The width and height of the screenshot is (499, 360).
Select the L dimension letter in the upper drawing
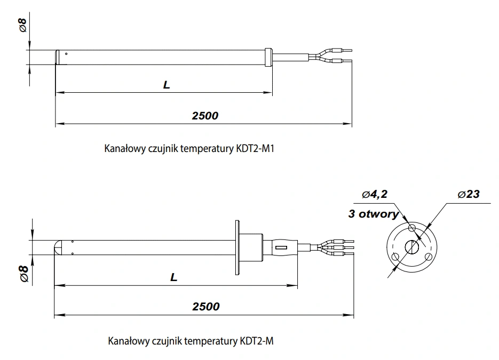[167, 85]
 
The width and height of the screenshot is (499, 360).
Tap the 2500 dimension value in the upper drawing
[205, 116]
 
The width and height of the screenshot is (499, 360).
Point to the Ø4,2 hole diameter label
[374, 195]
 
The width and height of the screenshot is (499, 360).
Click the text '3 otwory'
[373, 214]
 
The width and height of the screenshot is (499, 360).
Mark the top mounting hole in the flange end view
[411, 228]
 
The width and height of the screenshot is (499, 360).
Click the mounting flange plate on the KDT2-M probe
[237, 248]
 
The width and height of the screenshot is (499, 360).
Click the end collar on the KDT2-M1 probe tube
[268, 57]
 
